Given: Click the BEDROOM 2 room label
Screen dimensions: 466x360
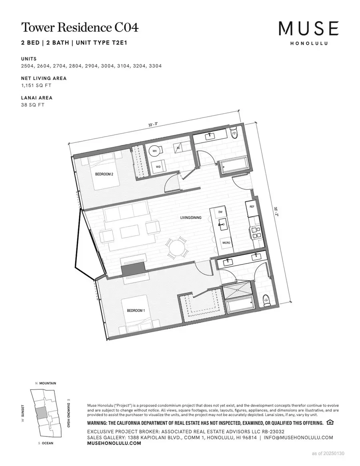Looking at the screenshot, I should (x=104, y=174).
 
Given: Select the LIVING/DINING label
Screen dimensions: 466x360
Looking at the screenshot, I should (x=190, y=218).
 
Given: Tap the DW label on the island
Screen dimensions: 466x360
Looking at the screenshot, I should (x=220, y=212).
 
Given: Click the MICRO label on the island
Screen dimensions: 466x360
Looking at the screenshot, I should (x=226, y=242).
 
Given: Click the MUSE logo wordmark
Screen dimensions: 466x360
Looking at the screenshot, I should (x=309, y=29).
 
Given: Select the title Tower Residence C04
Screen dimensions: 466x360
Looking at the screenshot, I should (x=80, y=28).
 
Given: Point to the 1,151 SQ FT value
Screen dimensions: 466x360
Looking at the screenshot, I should (x=36, y=85).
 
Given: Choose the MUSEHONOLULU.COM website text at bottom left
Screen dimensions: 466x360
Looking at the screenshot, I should (x=114, y=444).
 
